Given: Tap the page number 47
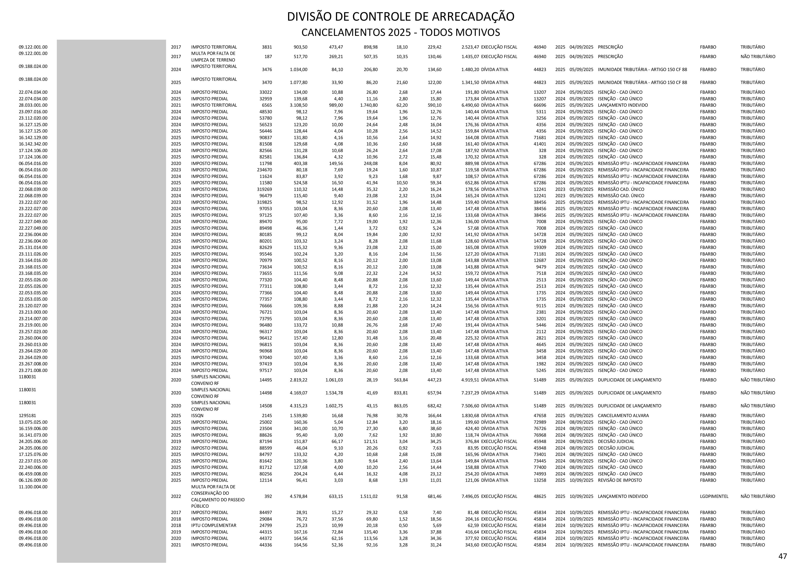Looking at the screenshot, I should pyautogui.click(x=782, y=556).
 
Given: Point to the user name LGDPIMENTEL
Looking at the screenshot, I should pyautogui.click(x=714, y=496).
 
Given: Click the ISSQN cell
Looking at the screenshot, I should pyautogui.click(x=197, y=415).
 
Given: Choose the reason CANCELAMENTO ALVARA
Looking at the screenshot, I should pyautogui.click(x=623, y=415).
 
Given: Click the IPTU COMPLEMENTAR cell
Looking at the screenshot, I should pyautogui.click(x=213, y=525).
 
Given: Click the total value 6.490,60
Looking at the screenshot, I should pyautogui.click(x=470, y=105).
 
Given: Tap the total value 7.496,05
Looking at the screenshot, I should pyautogui.click(x=470, y=496).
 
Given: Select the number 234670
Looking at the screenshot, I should pyautogui.click(x=264, y=170).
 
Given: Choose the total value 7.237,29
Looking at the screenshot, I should pyautogui.click(x=470, y=393).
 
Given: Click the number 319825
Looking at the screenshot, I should pyautogui.click(x=264, y=202).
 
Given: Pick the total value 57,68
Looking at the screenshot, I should pyautogui.click(x=473, y=228).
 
